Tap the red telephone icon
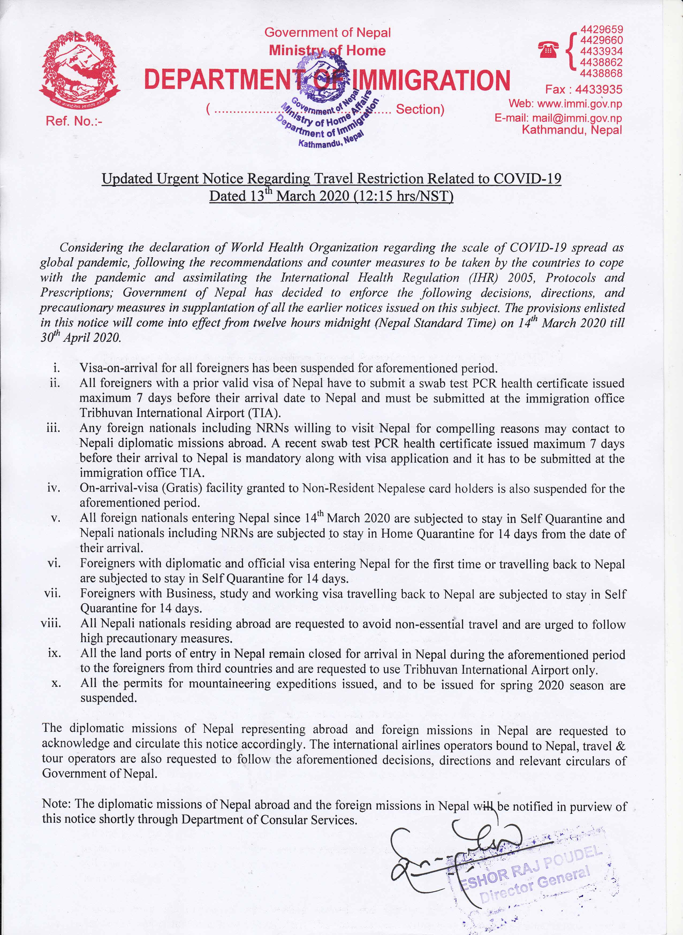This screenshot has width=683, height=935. pos(548,50)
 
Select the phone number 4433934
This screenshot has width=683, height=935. pos(600,51)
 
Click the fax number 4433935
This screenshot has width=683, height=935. pos(599,90)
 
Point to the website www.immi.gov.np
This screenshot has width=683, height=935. pos(580,104)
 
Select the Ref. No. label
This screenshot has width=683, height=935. pos(74,121)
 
